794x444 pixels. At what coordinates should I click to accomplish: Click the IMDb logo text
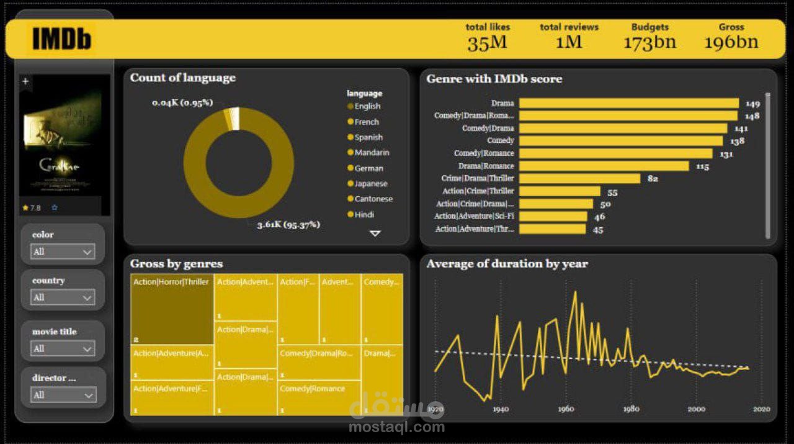click(x=61, y=39)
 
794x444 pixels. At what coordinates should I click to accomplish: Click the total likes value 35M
click(x=487, y=43)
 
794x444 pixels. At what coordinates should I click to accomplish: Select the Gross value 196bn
click(x=731, y=42)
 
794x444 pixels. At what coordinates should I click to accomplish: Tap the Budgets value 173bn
click(x=649, y=42)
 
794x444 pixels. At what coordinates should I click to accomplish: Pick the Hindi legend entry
click(x=364, y=215)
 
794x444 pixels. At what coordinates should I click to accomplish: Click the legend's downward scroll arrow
click(x=375, y=233)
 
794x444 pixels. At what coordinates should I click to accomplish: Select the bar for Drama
click(x=628, y=103)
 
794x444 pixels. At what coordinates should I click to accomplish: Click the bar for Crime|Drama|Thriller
click(x=579, y=179)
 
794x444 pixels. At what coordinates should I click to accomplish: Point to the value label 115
click(x=702, y=166)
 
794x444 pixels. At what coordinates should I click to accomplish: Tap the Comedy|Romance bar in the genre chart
click(x=615, y=153)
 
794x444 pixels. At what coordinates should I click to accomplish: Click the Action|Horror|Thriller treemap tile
click(x=172, y=309)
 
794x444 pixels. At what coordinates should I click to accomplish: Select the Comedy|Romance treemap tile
click(x=319, y=398)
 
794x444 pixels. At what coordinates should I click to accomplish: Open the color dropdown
click(x=63, y=251)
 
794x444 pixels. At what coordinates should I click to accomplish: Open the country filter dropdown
click(x=63, y=297)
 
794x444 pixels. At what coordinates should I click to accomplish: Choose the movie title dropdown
click(x=63, y=348)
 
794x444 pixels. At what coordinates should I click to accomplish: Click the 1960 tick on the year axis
click(x=566, y=409)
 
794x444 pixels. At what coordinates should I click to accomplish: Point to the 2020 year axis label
click(x=761, y=409)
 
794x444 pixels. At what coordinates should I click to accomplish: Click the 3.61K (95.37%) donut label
click(x=288, y=225)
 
